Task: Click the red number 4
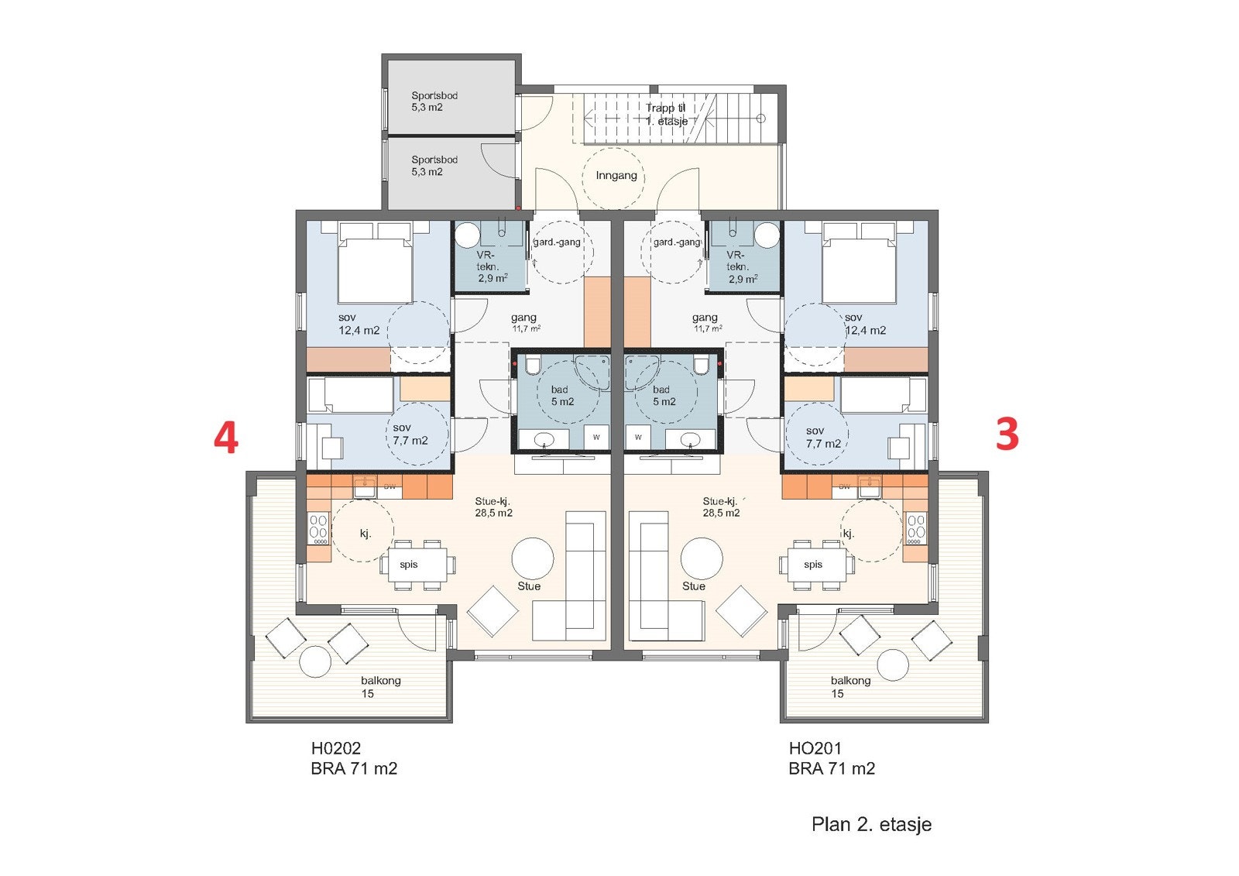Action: [225, 438]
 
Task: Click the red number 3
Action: [1007, 435]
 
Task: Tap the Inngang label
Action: [616, 176]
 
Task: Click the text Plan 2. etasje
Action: [871, 824]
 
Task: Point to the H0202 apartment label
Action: [336, 748]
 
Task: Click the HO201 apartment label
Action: [815, 748]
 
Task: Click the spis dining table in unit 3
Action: [813, 565]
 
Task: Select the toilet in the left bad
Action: [533, 365]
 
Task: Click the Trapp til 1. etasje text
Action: [666, 115]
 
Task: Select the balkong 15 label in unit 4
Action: [379, 687]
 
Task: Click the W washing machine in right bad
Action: [638, 438]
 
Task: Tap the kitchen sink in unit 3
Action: [869, 486]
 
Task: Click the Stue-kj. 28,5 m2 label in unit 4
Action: [493, 507]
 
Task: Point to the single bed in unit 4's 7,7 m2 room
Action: [350, 395]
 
